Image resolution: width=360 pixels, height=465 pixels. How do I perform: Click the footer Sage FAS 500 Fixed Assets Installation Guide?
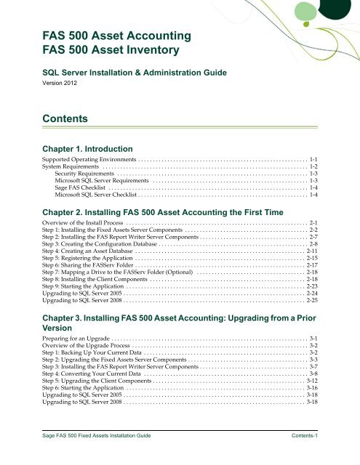pos(96,452)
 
